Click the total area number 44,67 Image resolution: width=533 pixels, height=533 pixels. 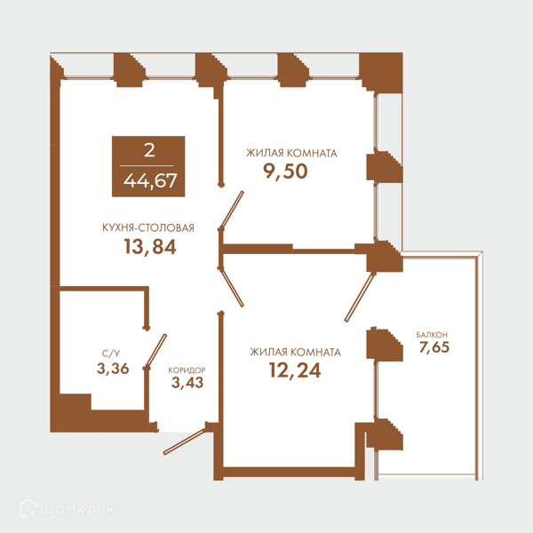click(x=150, y=180)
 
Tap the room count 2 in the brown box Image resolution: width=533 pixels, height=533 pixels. click(x=149, y=150)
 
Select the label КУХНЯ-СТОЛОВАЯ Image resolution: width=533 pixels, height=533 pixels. click(x=148, y=227)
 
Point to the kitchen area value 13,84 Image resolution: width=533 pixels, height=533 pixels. click(x=150, y=247)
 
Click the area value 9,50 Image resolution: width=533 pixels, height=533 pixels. click(x=285, y=171)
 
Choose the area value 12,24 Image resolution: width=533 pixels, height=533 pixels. click(x=295, y=370)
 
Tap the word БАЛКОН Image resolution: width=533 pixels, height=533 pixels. click(x=432, y=335)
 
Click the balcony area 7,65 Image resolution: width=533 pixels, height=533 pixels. click(x=434, y=347)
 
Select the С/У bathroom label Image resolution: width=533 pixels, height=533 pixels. click(x=111, y=354)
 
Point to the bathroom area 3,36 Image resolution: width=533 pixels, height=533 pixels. click(x=113, y=369)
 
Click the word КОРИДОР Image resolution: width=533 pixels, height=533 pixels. click(x=187, y=370)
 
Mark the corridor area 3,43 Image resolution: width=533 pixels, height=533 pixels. click(x=187, y=383)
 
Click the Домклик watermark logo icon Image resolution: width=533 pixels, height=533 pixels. click(x=28, y=508)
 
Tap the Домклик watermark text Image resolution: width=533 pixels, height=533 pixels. click(x=79, y=510)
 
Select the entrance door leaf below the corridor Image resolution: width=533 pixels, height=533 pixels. click(x=184, y=442)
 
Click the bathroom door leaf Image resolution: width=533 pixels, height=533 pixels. click(x=156, y=351)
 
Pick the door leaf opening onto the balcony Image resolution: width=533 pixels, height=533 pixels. click(x=359, y=298)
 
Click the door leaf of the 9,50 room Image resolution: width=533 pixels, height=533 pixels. click(x=232, y=210)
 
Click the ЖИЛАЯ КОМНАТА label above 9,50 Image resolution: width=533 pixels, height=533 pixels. click(x=291, y=154)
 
